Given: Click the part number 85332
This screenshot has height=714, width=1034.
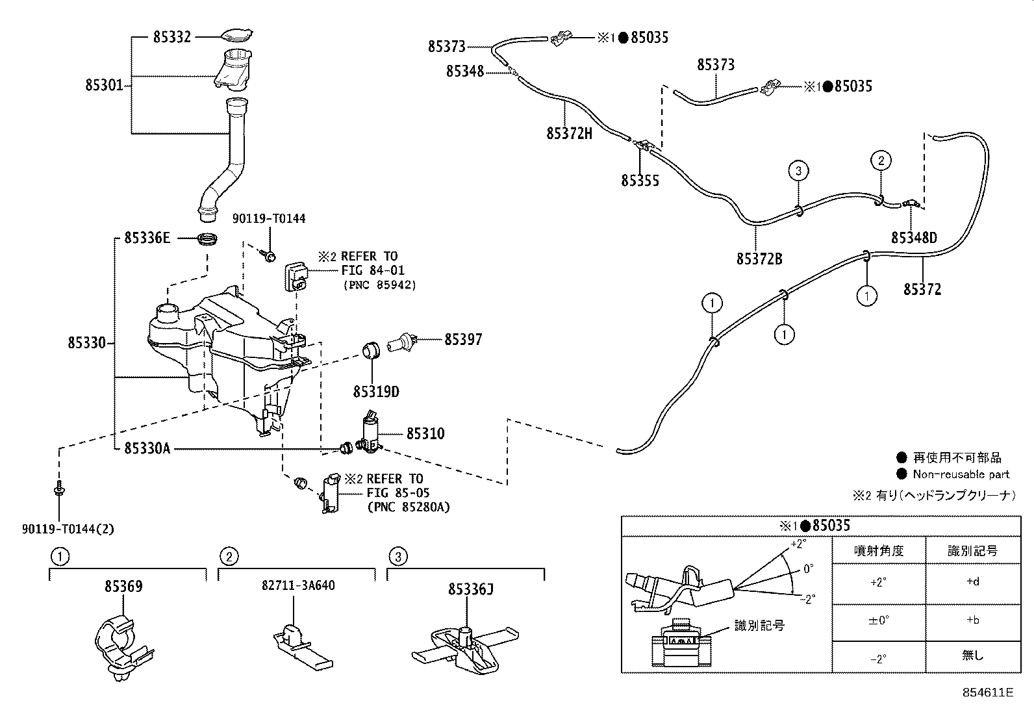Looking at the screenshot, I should point(172,37).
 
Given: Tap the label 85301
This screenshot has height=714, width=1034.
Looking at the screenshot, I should point(104,85).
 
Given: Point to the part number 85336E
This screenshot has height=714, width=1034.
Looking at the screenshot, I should point(147,238).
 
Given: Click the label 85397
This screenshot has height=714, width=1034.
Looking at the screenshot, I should point(463,339).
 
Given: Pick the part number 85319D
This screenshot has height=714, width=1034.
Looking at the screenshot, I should point(376,392).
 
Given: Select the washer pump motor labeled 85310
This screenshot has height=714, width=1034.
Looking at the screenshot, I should point(372,432).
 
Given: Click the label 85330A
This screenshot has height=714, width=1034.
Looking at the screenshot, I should point(147,448).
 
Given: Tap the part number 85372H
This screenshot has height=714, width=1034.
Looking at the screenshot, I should point(570,133).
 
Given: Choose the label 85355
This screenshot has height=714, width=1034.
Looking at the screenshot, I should point(640,181).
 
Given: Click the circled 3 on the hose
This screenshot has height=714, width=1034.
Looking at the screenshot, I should point(798,172).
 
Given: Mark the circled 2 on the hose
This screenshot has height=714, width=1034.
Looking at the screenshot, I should point(881,160).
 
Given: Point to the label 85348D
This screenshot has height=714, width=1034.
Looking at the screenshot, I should point(914,238).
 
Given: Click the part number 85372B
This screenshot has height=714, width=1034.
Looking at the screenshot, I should point(759,259).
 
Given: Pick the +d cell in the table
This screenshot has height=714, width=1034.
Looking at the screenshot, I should point(972,582).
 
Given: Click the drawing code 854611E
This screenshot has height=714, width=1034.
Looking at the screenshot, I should point(987,693).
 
